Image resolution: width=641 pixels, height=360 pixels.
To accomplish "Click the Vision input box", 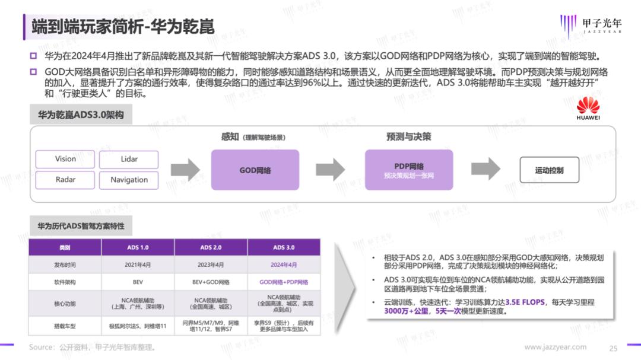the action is pyautogui.click(x=65, y=159).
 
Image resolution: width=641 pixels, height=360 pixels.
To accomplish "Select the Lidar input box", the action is pyautogui.click(x=129, y=159).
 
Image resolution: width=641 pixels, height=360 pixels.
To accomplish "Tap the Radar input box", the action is pyautogui.click(x=65, y=180).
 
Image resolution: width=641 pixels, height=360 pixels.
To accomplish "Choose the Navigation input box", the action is pyautogui.click(x=129, y=180).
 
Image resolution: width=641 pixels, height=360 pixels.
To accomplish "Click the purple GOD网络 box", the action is pyautogui.click(x=255, y=170).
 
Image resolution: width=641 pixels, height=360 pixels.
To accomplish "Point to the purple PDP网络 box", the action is pyautogui.click(x=409, y=170).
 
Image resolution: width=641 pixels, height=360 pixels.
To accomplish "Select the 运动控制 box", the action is pyautogui.click(x=550, y=170).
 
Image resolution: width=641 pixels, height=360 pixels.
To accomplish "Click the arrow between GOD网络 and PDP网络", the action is pyautogui.click(x=331, y=169).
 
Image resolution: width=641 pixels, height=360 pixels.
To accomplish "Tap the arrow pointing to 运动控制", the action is pyautogui.click(x=485, y=169).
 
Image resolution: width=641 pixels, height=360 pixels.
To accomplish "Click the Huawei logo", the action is pyautogui.click(x=588, y=109).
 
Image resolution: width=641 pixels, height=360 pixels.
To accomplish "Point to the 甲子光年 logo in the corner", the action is pyautogui.click(x=591, y=26).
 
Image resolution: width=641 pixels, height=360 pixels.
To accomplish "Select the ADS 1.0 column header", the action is pyautogui.click(x=138, y=247).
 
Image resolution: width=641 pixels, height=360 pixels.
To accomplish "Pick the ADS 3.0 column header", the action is pyautogui.click(x=284, y=247).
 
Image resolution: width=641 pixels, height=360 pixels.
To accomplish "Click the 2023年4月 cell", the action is pyautogui.click(x=211, y=265).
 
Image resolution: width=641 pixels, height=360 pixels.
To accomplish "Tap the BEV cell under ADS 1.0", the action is pyautogui.click(x=138, y=282).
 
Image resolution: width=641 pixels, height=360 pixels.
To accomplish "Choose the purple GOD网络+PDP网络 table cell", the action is pyautogui.click(x=284, y=282).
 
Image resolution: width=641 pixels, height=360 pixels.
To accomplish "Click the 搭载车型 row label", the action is pyautogui.click(x=65, y=326).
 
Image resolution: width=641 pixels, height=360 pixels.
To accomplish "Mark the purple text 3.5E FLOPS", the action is pyautogui.click(x=525, y=302).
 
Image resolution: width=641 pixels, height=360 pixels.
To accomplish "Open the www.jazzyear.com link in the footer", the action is pyautogui.click(x=555, y=347).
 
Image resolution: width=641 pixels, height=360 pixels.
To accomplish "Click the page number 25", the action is pyautogui.click(x=613, y=348).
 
